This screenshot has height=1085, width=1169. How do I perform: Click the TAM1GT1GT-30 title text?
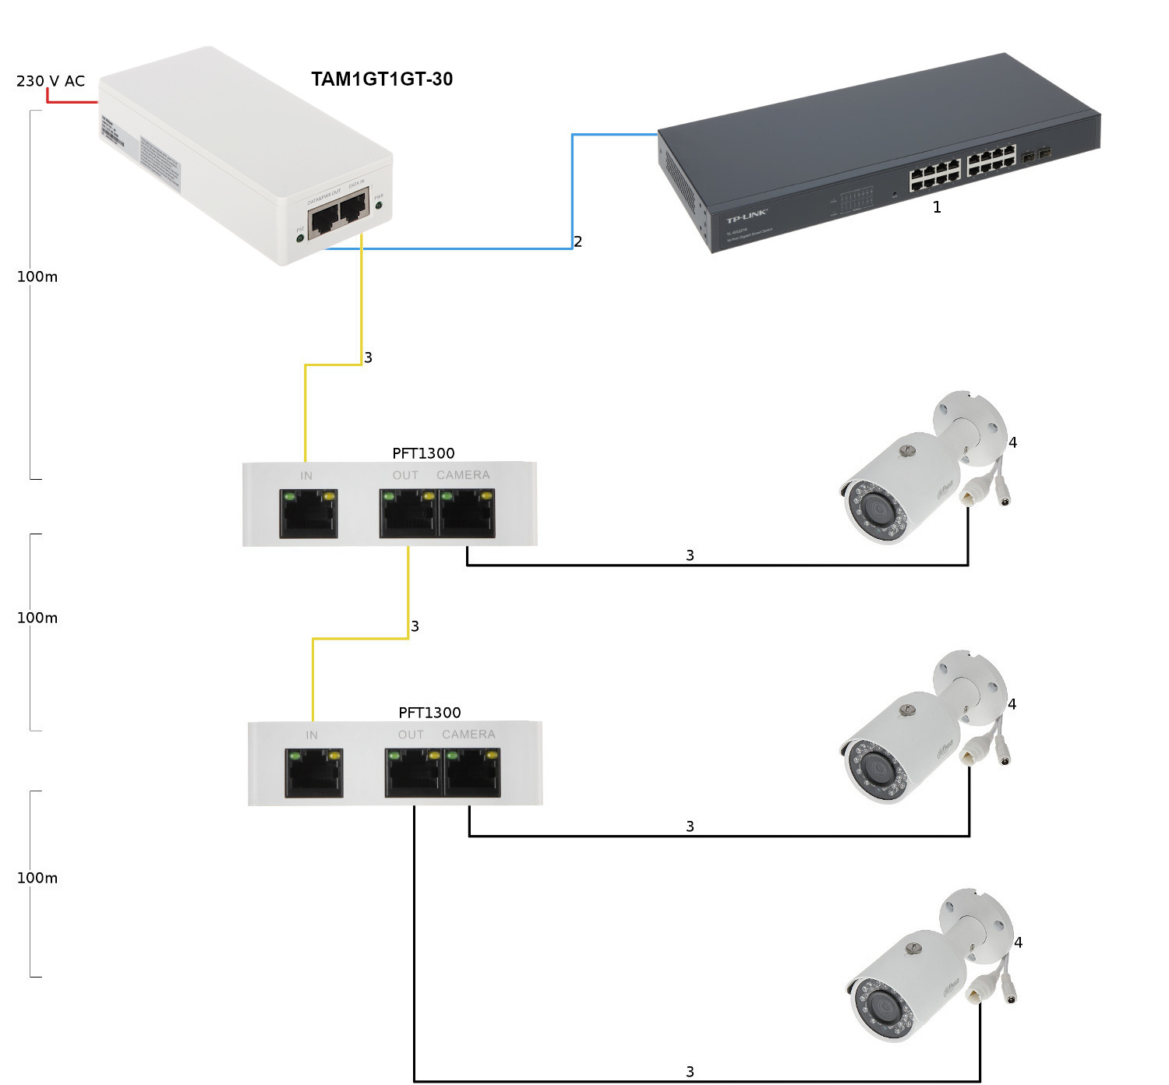click(x=382, y=79)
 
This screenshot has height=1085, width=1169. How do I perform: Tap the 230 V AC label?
click(x=51, y=81)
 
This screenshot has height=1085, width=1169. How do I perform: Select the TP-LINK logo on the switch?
click(x=747, y=216)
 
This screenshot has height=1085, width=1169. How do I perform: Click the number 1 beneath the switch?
click(x=937, y=208)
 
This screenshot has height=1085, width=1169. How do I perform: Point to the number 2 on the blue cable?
click(x=578, y=241)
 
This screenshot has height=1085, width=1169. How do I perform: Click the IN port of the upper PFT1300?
click(x=309, y=514)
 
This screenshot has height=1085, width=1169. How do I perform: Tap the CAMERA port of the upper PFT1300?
click(x=468, y=514)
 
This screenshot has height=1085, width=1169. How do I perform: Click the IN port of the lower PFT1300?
click(x=314, y=773)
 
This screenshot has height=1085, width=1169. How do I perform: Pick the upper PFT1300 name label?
click(x=423, y=453)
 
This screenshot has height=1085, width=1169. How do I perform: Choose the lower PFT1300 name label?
click(x=429, y=713)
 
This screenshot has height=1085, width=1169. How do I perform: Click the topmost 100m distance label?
click(x=37, y=277)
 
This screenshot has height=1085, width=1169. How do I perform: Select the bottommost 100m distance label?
click(x=37, y=878)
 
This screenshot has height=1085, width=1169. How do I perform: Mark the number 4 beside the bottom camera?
click(x=1018, y=942)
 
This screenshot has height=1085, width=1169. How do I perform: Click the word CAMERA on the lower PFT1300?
click(x=468, y=734)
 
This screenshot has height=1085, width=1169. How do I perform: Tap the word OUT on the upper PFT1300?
click(x=405, y=475)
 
